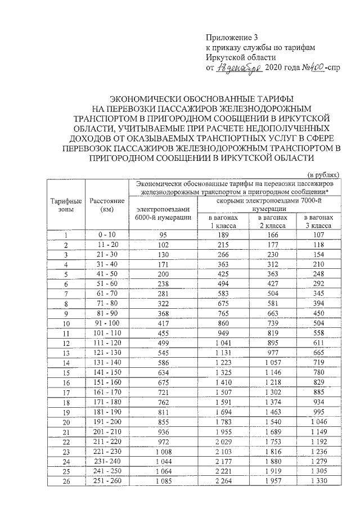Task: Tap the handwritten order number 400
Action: (x=300, y=69)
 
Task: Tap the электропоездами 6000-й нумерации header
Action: (x=164, y=214)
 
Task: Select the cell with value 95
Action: (x=164, y=235)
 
